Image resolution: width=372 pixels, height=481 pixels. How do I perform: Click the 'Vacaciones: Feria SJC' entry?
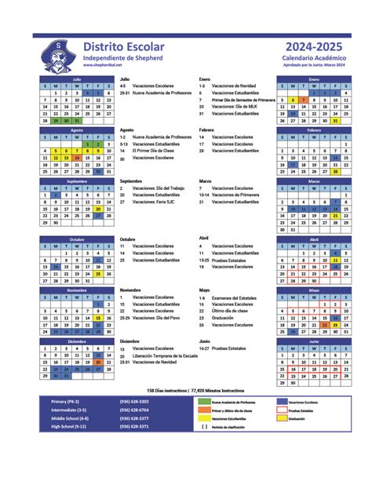154,202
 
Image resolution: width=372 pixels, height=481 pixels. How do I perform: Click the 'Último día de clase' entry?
230,312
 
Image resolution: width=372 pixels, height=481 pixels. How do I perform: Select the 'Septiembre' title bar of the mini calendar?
76,181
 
